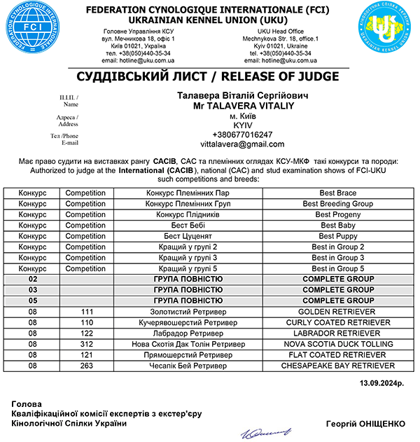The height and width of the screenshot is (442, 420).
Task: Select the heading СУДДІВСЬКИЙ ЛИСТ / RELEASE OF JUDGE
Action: (209, 76)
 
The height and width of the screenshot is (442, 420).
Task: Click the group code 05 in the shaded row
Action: (32, 301)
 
